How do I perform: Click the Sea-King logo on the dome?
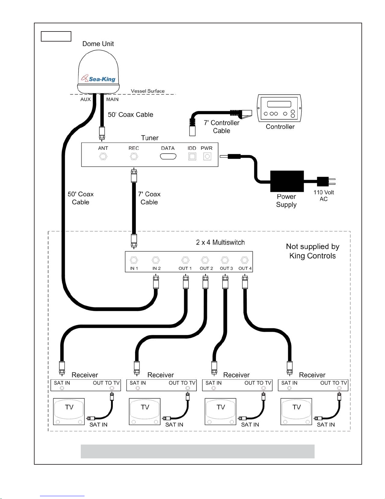(x=98, y=79)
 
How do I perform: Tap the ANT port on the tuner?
(x=103, y=156)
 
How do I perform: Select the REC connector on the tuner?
(x=134, y=156)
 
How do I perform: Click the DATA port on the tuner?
(x=168, y=156)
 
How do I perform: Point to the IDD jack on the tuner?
(x=192, y=156)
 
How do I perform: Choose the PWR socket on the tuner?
(x=207, y=156)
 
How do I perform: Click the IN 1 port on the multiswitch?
(x=134, y=260)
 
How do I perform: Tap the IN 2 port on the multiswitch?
(x=156, y=260)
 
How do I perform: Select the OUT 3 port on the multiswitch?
(x=225, y=260)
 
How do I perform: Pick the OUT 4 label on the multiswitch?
(x=245, y=269)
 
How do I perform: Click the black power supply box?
(x=287, y=181)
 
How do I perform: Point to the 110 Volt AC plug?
(x=326, y=181)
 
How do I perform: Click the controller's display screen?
(x=279, y=104)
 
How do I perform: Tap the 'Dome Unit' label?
(x=98, y=44)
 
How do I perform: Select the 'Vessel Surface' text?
(x=148, y=91)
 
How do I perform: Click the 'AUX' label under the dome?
(x=85, y=99)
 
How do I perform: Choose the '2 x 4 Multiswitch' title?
(x=220, y=242)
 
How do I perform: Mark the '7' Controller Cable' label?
(x=222, y=127)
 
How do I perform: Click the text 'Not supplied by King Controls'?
(x=313, y=251)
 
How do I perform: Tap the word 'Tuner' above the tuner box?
(x=150, y=138)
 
